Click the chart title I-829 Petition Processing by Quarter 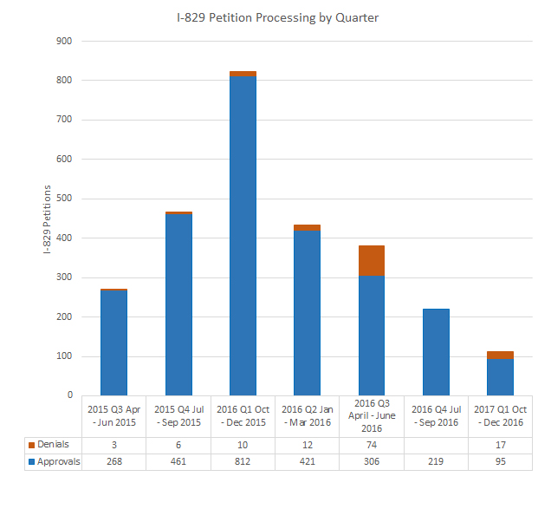[275, 16]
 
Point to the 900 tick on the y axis [64, 41]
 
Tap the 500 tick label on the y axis [64, 199]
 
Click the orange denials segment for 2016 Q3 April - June [371, 260]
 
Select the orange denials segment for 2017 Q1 [500, 355]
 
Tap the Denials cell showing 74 [371, 445]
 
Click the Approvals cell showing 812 [243, 461]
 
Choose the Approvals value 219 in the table [436, 461]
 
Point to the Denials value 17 [500, 445]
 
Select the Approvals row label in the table [56, 461]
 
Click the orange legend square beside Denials [32, 445]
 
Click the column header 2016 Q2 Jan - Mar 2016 [307, 414]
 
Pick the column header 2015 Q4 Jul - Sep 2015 [178, 414]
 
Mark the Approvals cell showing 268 [113, 461]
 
